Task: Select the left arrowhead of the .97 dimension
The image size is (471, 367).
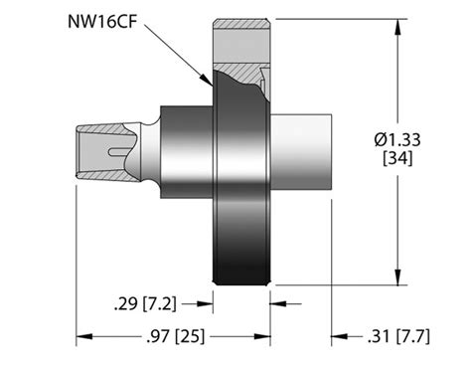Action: (x=82, y=336)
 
